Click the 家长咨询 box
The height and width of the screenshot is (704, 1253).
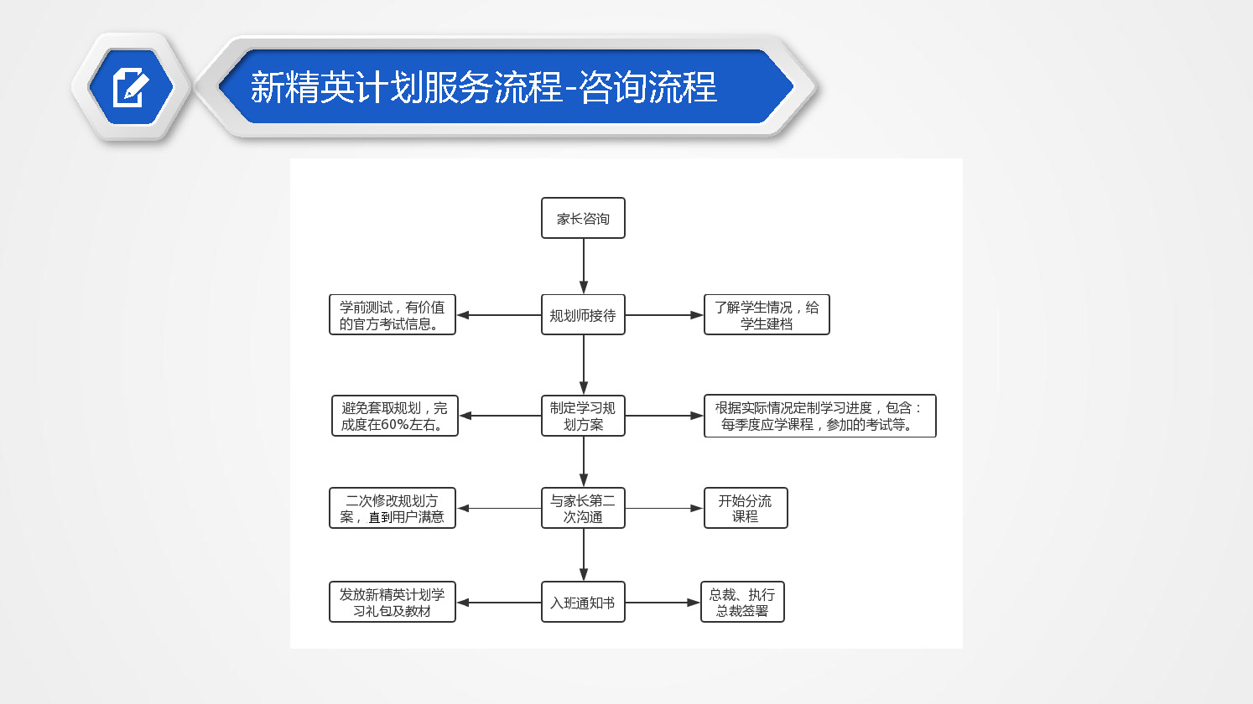coord(583,218)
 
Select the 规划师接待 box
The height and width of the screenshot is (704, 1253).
coord(583,315)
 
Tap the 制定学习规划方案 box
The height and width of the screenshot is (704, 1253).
coord(583,416)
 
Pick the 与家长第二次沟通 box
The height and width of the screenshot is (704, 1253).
coord(583,508)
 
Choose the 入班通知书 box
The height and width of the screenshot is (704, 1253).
coord(583,603)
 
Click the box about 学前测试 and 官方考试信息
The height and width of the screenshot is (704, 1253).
coord(393,315)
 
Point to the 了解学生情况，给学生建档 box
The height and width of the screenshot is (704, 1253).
coord(767,315)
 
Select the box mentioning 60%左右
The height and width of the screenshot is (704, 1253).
coord(394,416)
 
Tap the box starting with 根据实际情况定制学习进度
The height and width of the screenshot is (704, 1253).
coord(819,416)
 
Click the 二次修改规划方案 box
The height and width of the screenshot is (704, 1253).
coord(393,508)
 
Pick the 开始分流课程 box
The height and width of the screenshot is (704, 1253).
coord(746,508)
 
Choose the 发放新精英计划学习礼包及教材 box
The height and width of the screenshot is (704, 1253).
coord(393,603)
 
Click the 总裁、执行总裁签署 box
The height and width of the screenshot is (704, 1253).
coord(742,603)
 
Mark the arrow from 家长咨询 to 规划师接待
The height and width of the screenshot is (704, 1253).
coord(584,267)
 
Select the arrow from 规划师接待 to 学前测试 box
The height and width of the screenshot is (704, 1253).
coord(499,315)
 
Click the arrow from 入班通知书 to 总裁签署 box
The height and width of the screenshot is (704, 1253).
coord(663,603)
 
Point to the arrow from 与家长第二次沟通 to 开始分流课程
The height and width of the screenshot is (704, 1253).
coord(664,508)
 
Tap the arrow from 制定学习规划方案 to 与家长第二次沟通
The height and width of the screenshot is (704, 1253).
coord(584,462)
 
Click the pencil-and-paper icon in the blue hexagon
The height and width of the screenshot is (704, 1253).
coord(131,87)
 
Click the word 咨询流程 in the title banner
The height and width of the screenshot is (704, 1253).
coord(647,87)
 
